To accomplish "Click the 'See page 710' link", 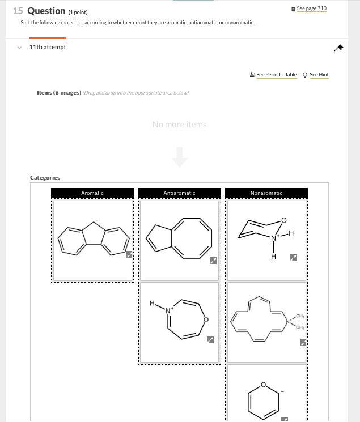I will click(311, 8).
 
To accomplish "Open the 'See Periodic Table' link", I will click(276, 75).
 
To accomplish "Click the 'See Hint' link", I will click(319, 75).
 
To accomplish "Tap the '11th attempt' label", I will click(48, 47).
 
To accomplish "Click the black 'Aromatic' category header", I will click(92, 193).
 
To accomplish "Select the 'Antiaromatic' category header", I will click(179, 193).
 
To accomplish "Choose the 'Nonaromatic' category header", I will click(266, 193).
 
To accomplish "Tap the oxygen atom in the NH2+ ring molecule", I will click(284, 220).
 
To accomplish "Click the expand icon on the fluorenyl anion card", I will click(129, 254).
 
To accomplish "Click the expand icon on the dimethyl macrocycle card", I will click(303, 342).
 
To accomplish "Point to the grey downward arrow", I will click(179, 157).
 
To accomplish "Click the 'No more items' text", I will click(179, 125).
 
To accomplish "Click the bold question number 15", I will click(18, 11).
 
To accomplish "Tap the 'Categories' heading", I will click(45, 178).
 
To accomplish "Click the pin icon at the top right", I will click(338, 48).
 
